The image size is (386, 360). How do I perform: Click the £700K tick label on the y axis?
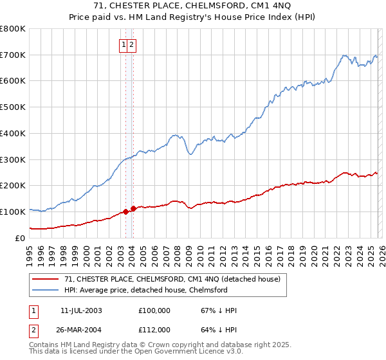tap(13, 55)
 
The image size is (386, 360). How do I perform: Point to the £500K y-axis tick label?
tap(13, 107)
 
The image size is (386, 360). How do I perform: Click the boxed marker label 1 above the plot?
tap(123, 44)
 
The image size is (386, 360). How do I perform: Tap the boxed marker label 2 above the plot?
tap(131, 44)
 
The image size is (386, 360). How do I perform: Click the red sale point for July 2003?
tap(125, 212)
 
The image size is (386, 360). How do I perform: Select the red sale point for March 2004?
tap(133, 208)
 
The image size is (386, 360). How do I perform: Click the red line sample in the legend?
tap(46, 280)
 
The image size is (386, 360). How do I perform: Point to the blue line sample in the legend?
tap(46, 291)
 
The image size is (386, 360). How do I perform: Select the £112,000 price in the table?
tap(154, 330)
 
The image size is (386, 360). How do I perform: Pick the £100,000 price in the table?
tap(154, 310)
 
